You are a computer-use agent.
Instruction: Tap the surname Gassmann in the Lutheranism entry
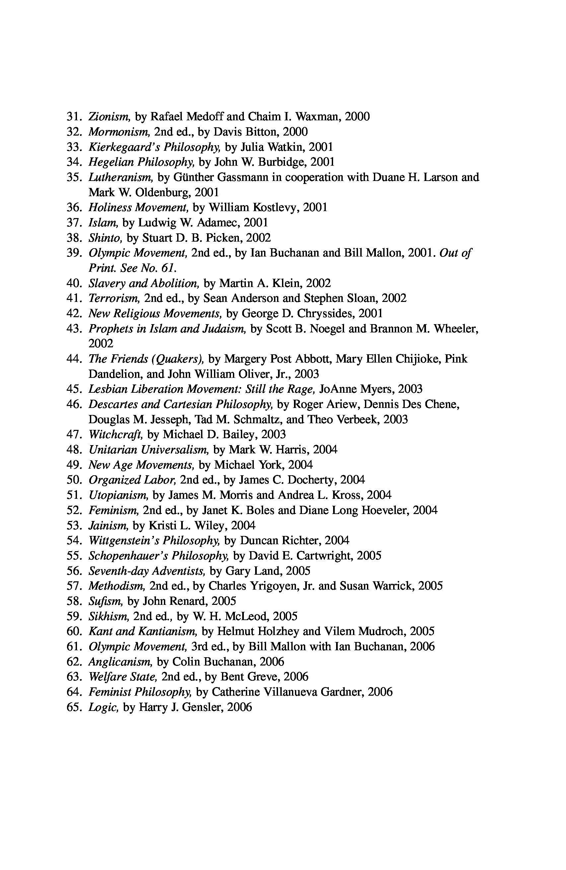[249, 177]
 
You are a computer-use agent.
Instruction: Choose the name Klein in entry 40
[286, 283]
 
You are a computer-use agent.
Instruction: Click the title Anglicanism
[120, 662]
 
